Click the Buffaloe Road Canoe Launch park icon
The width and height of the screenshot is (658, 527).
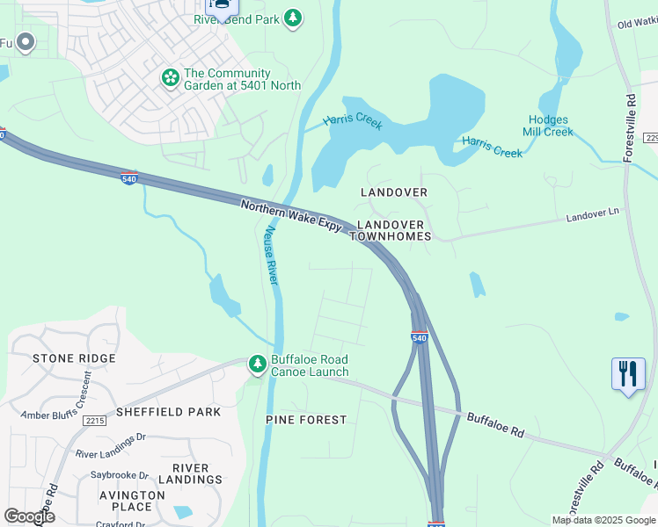pyautogui.click(x=257, y=364)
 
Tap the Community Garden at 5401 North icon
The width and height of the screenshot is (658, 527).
pyautogui.click(x=170, y=78)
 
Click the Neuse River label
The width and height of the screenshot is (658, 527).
pyautogui.click(x=271, y=255)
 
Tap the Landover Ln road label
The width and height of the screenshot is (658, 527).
pyautogui.click(x=592, y=214)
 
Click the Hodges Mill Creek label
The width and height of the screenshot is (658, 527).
pyautogui.click(x=550, y=126)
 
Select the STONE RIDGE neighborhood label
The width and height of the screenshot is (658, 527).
pyautogui.click(x=74, y=358)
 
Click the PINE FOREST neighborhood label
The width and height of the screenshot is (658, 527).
pyautogui.click(x=306, y=420)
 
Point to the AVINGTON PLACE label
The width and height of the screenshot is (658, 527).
pyautogui.click(x=132, y=501)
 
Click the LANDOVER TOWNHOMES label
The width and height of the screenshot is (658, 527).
pyautogui.click(x=394, y=230)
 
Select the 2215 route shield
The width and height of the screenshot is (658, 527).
pyautogui.click(x=95, y=422)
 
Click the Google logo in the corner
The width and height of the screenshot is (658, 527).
pyautogui.click(x=29, y=516)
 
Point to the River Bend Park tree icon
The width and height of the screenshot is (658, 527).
pyautogui.click(x=293, y=18)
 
